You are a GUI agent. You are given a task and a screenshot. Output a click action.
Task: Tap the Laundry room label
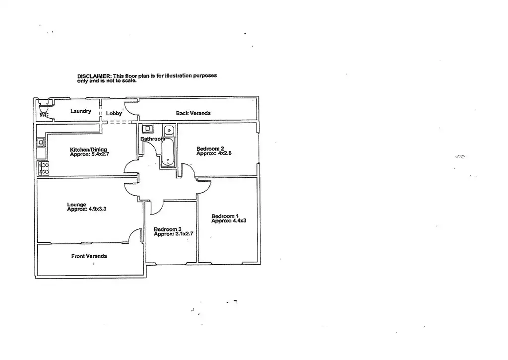point(80,111)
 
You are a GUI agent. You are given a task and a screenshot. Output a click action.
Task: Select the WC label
point(44,115)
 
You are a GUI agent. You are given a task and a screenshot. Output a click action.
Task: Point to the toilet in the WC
point(43,108)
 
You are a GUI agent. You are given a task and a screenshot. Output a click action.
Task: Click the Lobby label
point(114,114)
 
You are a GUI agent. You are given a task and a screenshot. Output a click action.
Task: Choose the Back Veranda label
point(193,113)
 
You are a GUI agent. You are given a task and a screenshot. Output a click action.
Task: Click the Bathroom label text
point(152,139)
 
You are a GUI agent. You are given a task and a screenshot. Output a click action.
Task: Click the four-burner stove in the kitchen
point(43,168)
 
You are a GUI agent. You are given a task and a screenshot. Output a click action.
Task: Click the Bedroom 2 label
point(210,149)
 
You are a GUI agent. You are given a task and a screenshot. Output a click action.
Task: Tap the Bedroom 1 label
point(225,216)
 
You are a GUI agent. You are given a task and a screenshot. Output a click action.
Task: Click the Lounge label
point(77,205)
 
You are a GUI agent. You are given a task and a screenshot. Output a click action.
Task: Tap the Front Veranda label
point(89,256)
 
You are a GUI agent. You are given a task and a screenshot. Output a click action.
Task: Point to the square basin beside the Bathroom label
point(147,129)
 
